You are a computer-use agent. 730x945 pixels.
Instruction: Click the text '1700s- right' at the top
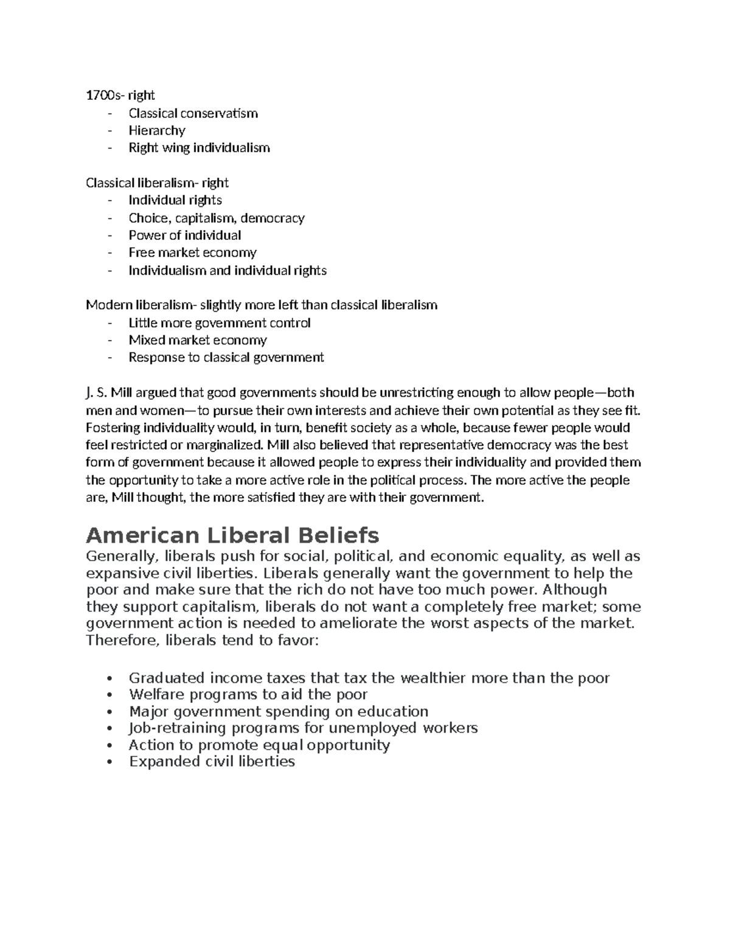click(120, 95)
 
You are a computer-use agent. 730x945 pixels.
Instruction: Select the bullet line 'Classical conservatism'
click(193, 113)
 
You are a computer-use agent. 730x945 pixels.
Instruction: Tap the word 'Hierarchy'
click(157, 130)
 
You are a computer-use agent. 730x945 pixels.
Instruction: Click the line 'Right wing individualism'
click(199, 148)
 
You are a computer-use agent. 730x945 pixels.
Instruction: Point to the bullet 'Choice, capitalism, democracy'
click(216, 218)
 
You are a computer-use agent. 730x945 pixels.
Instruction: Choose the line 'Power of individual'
click(184, 235)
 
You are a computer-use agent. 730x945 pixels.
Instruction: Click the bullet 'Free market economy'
click(192, 253)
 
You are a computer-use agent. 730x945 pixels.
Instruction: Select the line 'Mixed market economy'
click(198, 340)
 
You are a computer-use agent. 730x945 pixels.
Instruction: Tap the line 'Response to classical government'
click(226, 357)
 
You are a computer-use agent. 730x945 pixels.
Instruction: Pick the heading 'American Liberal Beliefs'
click(232, 535)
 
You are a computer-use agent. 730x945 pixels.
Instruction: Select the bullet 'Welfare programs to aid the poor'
click(248, 694)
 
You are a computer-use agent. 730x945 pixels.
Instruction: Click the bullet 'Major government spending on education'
click(279, 711)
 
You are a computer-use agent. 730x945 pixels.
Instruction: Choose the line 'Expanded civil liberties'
click(212, 761)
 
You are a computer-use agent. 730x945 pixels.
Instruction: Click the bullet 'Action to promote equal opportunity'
click(259, 745)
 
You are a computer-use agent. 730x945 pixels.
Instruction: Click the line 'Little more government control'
click(219, 323)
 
